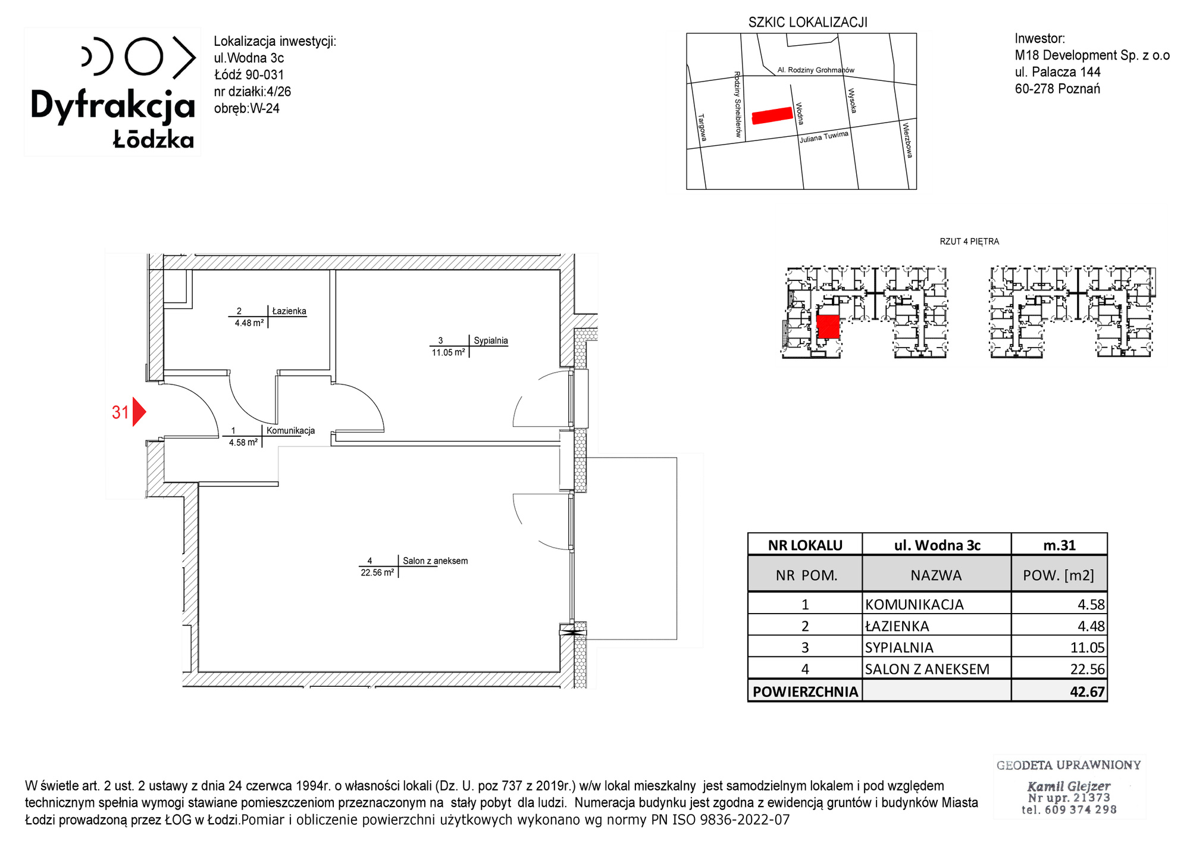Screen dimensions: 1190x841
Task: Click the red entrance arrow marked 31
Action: click(x=139, y=412)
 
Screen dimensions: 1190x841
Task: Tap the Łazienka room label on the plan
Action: click(x=289, y=311)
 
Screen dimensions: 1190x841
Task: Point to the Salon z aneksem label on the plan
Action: click(x=435, y=561)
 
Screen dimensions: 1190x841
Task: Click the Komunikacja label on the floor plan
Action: click(x=290, y=430)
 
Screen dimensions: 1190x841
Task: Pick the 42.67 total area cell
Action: click(x=1087, y=692)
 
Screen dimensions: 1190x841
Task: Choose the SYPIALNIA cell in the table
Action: click(x=899, y=648)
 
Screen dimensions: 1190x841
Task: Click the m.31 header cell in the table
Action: click(x=1059, y=545)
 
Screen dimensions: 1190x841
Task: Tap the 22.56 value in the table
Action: click(x=1087, y=669)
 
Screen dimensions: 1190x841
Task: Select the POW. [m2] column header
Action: click(x=1059, y=576)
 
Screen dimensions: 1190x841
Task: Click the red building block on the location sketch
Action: click(x=773, y=115)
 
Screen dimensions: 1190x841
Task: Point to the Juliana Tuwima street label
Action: click(x=824, y=137)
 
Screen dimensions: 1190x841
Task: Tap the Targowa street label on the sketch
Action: click(x=702, y=127)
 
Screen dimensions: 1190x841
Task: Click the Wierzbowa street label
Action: click(x=907, y=140)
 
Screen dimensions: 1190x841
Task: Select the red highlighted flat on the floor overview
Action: click(x=828, y=327)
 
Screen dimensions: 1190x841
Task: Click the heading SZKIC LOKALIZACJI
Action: click(x=807, y=23)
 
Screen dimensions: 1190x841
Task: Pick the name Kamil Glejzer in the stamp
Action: click(x=1069, y=786)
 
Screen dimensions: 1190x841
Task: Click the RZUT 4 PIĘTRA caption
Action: click(x=969, y=242)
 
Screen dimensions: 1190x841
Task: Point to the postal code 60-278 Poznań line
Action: click(x=1057, y=89)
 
